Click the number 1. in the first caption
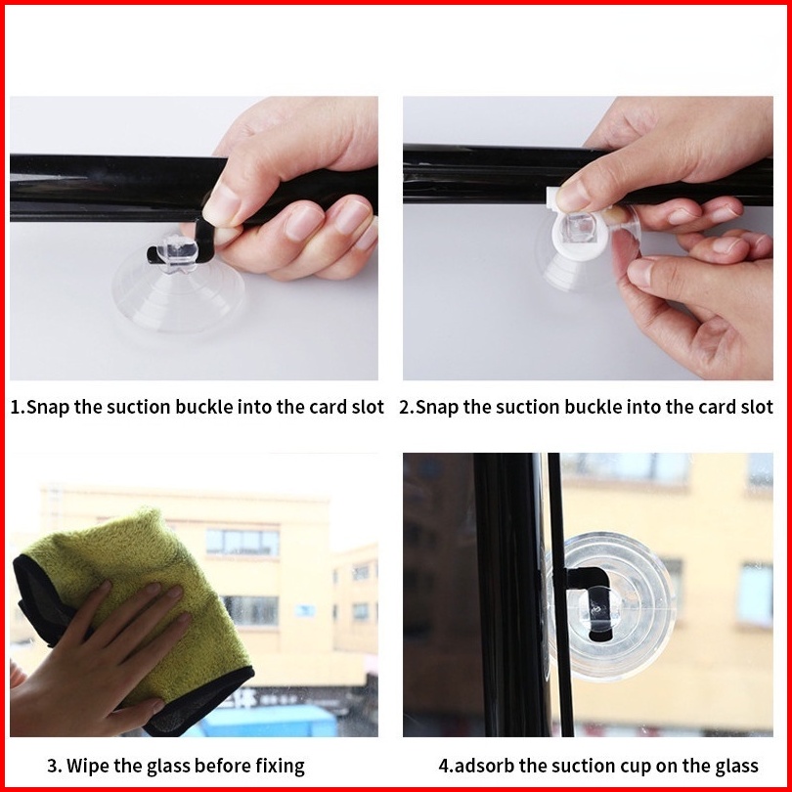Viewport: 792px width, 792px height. click(18, 407)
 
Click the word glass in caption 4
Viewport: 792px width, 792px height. click(734, 767)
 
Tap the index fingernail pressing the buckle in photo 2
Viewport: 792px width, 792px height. click(573, 196)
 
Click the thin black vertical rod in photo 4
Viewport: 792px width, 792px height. click(560, 595)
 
